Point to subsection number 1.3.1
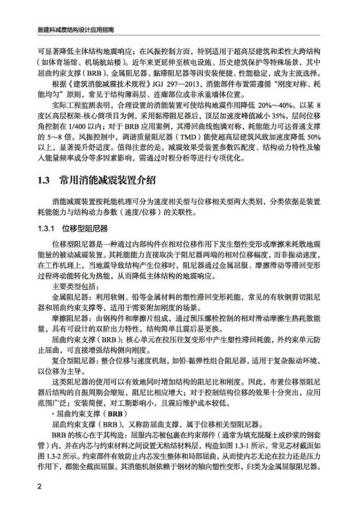46,228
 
